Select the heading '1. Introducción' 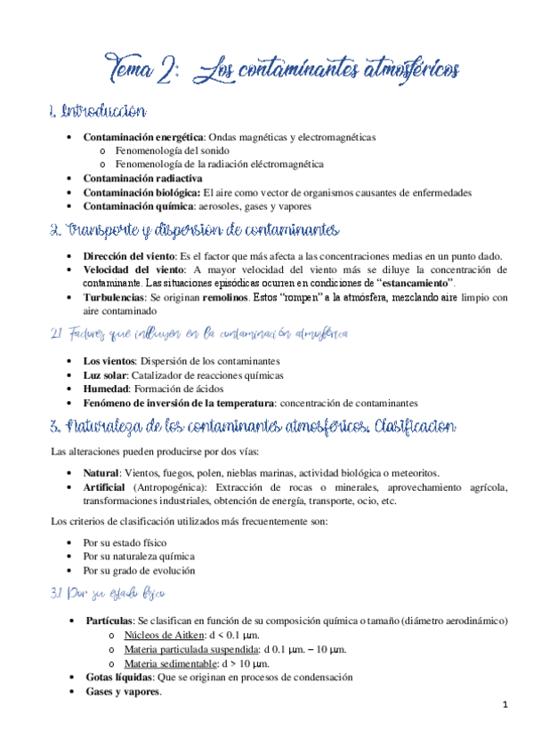point(98,112)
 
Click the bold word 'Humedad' point(107,389)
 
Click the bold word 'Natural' point(101,473)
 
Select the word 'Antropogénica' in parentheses point(172,487)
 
